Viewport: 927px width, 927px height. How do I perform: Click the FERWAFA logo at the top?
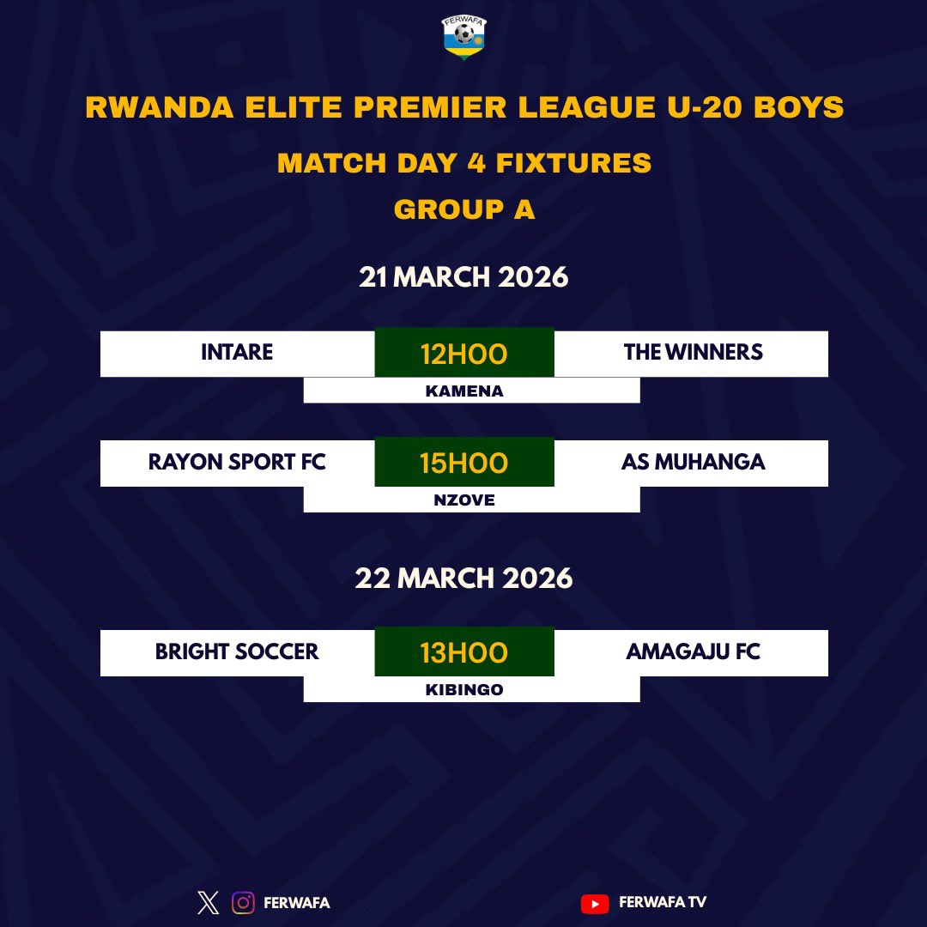pyautogui.click(x=463, y=39)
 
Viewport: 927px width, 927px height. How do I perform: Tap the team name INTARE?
pyautogui.click(x=237, y=353)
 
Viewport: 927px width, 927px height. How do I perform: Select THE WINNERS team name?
pyautogui.click(x=694, y=353)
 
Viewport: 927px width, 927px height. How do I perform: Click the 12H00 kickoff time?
pyautogui.click(x=463, y=353)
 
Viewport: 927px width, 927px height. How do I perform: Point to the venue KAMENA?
pyautogui.click(x=464, y=391)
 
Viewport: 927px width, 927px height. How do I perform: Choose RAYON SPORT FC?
pyautogui.click(x=237, y=463)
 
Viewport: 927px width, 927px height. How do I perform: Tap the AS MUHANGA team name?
pyautogui.click(x=694, y=463)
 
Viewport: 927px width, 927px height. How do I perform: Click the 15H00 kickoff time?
pyautogui.click(x=463, y=463)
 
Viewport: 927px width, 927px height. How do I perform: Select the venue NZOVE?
pyautogui.click(x=464, y=500)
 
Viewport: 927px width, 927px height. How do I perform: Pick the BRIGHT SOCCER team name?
pyautogui.click(x=237, y=652)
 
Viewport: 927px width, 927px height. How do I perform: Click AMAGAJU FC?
pyautogui.click(x=694, y=652)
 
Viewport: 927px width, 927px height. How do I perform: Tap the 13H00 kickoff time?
pyautogui.click(x=463, y=652)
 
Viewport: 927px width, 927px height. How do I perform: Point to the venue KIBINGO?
pyautogui.click(x=464, y=690)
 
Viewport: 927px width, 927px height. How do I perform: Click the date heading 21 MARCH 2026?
pyautogui.click(x=463, y=277)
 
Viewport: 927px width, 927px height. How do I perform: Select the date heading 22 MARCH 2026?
pyautogui.click(x=463, y=578)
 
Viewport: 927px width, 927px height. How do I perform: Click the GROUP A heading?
pyautogui.click(x=464, y=209)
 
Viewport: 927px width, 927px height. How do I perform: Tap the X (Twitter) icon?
pyautogui.click(x=209, y=903)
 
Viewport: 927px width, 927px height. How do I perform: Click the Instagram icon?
pyautogui.click(x=244, y=903)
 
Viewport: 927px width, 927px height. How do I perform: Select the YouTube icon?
pyautogui.click(x=594, y=903)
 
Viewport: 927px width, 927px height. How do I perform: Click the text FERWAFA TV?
pyautogui.click(x=663, y=903)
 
